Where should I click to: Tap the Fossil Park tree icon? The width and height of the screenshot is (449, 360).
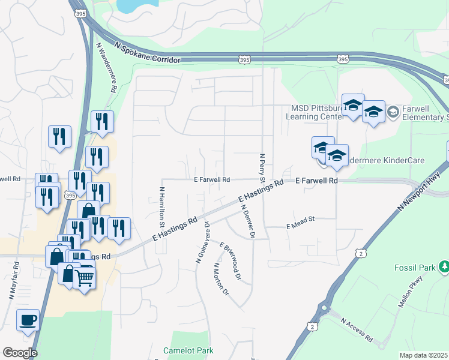point(444,266)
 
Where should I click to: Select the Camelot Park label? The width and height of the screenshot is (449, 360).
point(188,350)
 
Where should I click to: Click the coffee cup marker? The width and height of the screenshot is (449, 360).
point(28,320)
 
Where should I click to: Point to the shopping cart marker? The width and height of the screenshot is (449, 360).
point(85,278)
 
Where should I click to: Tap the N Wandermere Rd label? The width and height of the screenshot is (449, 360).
point(106,67)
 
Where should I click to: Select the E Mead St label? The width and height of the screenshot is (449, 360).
point(301,224)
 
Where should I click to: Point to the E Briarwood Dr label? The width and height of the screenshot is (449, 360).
point(230,262)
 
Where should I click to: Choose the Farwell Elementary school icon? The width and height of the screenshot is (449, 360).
point(393,112)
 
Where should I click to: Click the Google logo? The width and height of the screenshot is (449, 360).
point(20,353)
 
